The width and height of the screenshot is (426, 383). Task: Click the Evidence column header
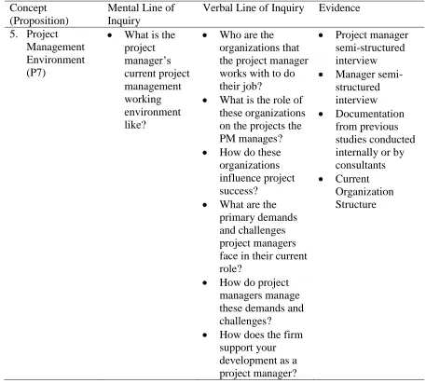(339, 7)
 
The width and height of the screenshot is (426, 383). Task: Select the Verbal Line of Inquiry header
(254, 8)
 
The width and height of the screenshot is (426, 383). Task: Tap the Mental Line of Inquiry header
(141, 14)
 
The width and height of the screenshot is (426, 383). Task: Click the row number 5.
(14, 34)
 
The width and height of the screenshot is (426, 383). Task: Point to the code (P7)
(36, 73)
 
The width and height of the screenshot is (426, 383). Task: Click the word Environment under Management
(56, 60)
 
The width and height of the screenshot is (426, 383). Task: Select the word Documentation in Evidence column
(369, 114)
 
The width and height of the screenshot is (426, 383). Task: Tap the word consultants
(360, 165)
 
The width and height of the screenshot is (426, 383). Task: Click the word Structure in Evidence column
(355, 204)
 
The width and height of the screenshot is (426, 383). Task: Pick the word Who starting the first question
(229, 34)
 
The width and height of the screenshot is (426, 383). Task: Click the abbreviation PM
(227, 139)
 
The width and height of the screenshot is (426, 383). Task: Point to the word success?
(239, 191)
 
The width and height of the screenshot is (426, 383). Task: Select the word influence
(240, 178)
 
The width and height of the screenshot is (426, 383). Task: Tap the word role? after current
(230, 268)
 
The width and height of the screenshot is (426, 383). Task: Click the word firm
(293, 335)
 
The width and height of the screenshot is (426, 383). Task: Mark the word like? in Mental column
(135, 125)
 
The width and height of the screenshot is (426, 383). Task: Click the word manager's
(147, 61)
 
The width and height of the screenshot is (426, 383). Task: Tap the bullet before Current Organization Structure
(321, 179)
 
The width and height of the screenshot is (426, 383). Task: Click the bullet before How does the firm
(205, 335)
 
